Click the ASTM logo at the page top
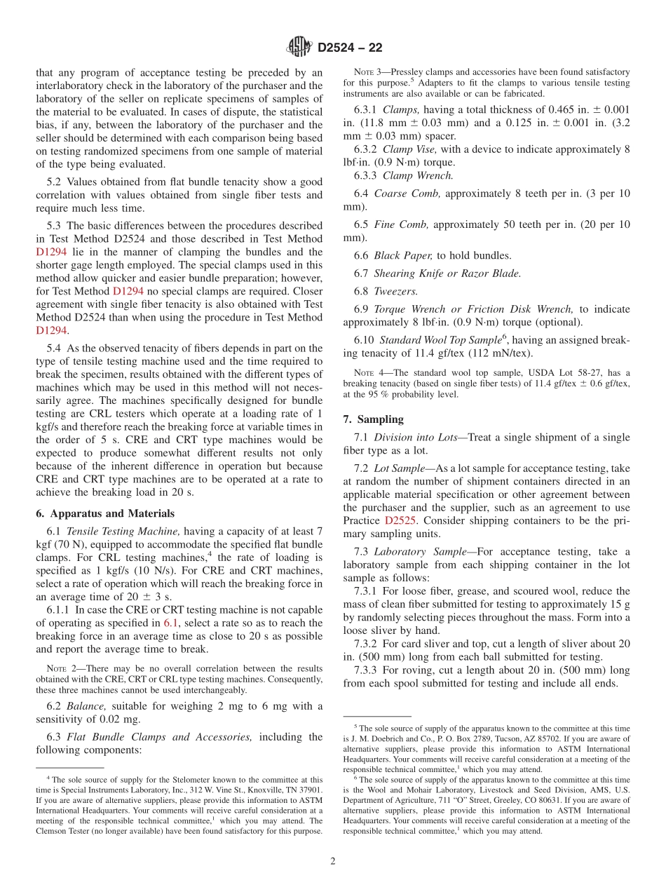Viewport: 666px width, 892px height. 301,48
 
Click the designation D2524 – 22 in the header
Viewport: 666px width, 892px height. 350,48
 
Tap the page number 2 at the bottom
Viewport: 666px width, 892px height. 333,862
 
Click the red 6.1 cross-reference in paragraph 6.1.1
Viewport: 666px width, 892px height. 172,623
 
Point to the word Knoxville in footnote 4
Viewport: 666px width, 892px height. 269,789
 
